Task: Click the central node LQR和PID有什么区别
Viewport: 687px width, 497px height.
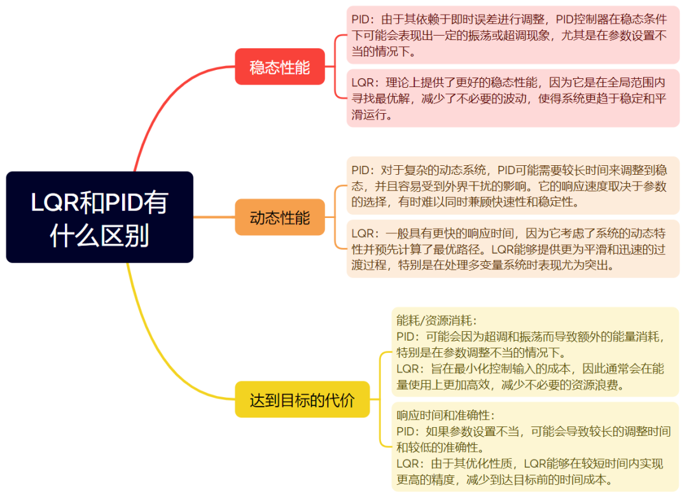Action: [x=99, y=217]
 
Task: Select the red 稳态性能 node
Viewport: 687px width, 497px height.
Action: [x=280, y=67]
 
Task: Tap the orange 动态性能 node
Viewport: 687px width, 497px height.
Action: [x=280, y=217]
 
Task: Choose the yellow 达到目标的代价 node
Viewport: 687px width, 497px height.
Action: [x=302, y=400]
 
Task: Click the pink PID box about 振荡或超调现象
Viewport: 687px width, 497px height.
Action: [x=513, y=35]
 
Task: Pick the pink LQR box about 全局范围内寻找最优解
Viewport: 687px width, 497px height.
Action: [x=513, y=99]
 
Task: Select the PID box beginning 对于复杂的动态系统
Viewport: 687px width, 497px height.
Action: [x=513, y=186]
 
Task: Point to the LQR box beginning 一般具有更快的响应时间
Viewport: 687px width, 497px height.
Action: [x=513, y=248]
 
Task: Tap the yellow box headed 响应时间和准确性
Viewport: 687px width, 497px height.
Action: [x=534, y=447]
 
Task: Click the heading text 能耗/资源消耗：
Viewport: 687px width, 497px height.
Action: [x=436, y=320]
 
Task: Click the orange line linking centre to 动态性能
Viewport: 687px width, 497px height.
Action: [x=213, y=217]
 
